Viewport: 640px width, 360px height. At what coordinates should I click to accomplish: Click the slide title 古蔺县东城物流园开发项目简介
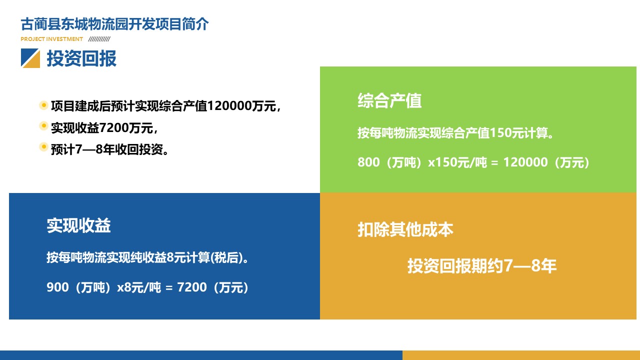coord(114,24)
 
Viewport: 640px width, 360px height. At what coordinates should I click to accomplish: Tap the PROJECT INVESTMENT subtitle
coord(51,39)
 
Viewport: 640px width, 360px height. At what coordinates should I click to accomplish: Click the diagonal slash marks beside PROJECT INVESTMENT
coord(99,39)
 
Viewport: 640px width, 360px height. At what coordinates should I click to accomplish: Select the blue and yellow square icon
coord(30,58)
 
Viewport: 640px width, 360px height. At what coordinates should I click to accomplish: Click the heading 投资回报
coord(81,58)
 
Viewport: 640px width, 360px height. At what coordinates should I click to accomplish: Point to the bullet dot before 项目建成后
coord(43,105)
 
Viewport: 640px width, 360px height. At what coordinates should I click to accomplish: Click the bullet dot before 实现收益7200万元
coord(43,125)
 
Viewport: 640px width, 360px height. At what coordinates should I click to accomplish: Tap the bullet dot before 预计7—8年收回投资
coord(43,147)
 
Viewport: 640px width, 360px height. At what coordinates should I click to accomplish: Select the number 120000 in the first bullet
coord(229,106)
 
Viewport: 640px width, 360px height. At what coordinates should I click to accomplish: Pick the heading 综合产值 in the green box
coord(389,100)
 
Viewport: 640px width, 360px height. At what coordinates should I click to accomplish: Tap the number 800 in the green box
coord(368,162)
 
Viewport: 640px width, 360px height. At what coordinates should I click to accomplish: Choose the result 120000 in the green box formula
coord(525,162)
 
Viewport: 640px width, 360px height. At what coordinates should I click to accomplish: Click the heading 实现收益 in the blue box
coord(78,225)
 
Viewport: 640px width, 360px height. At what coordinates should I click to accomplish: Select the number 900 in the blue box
coord(57,287)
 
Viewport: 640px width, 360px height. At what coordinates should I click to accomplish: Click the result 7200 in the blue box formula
coord(191,287)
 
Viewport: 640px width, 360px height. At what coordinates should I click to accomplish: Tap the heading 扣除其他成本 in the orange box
coord(405,229)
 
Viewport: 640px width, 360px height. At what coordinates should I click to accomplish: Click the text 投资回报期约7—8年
coord(482,265)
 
